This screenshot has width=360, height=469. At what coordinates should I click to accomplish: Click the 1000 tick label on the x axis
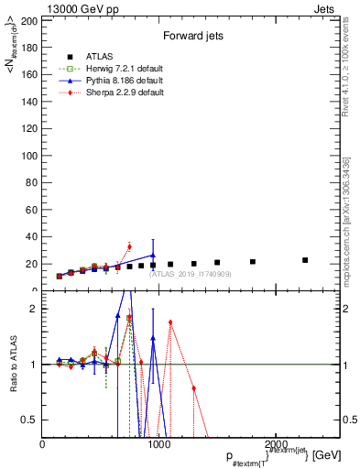pyautogui.click(x=158, y=444)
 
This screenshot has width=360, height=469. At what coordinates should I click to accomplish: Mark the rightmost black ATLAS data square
pyautogui.click(x=305, y=260)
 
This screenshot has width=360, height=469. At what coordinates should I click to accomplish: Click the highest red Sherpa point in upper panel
pyautogui.click(x=129, y=246)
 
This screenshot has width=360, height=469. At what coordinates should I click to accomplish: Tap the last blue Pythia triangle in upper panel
pyautogui.click(x=153, y=256)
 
